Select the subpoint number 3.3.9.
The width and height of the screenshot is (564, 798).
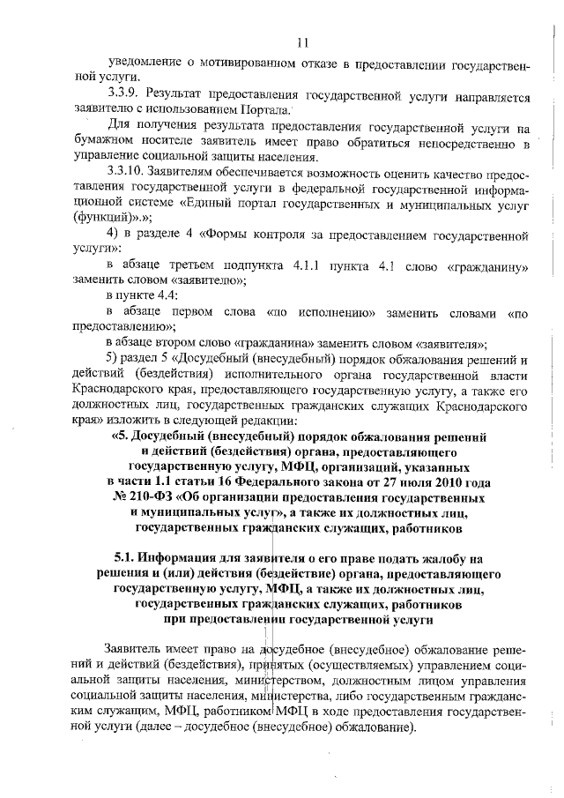pos(122,93)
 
